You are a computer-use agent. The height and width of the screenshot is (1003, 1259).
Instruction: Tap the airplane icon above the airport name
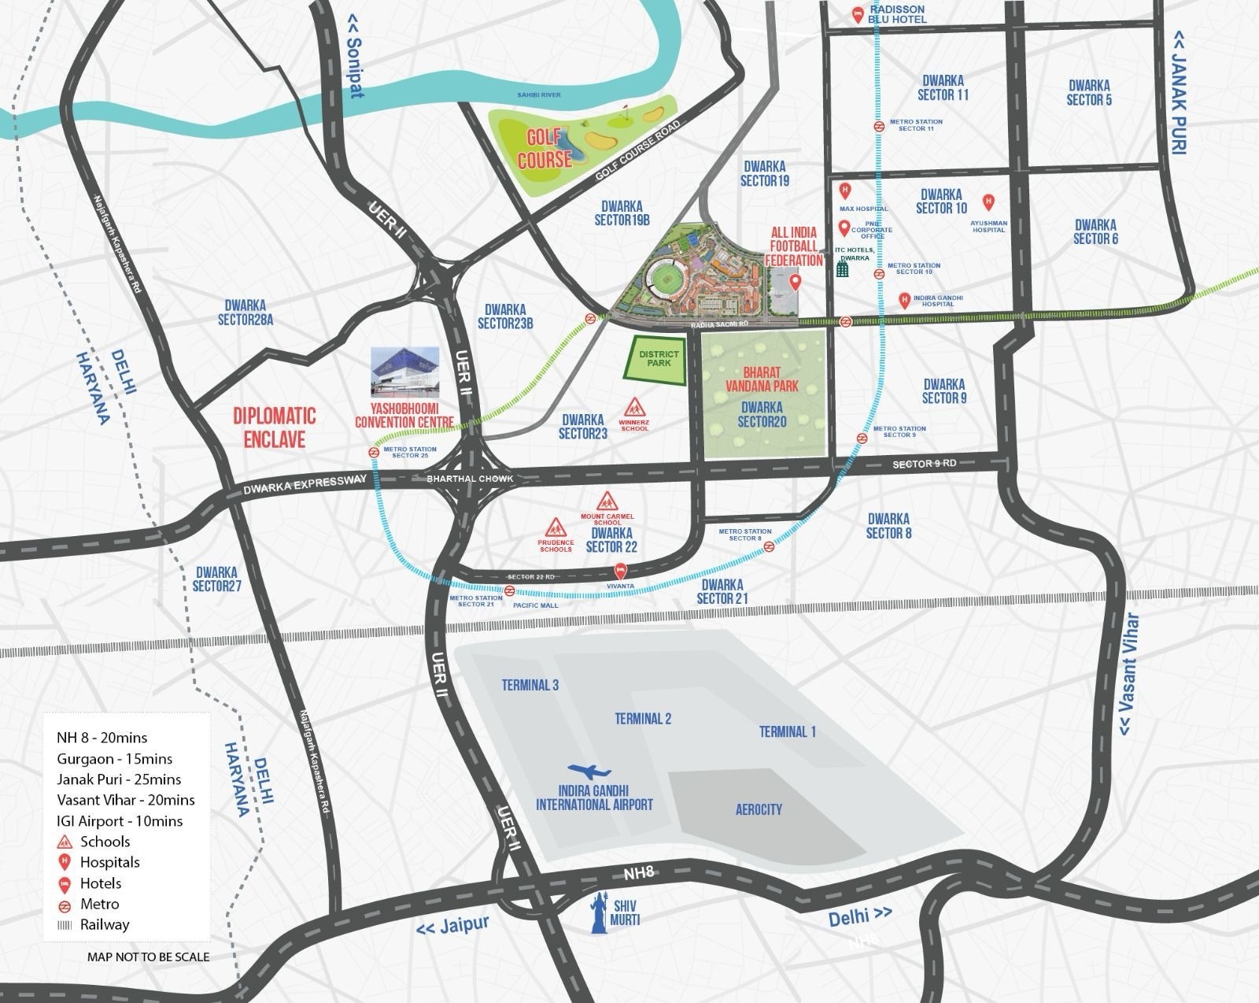coord(589,771)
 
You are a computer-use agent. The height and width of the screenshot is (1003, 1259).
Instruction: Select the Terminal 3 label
coord(530,685)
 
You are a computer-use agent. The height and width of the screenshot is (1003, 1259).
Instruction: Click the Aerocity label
coord(759,809)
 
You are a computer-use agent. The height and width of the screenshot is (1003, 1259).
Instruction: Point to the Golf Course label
coord(545,148)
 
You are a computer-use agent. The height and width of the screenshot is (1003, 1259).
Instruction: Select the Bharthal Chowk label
coord(469,479)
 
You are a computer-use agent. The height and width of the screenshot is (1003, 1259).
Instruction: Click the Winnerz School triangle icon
coord(634,408)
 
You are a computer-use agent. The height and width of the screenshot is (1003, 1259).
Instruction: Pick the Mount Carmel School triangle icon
coord(607,501)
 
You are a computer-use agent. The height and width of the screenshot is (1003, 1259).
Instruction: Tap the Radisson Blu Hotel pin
coord(858,13)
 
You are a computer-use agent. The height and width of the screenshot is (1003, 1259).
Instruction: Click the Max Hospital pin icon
coord(845,190)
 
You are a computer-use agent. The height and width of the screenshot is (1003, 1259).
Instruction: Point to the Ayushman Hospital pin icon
coord(988,202)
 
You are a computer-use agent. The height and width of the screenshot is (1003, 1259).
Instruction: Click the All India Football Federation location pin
coord(795,282)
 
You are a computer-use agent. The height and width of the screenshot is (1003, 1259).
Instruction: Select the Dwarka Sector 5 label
coord(1089,92)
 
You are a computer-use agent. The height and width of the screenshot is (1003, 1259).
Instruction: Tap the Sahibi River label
coord(539,95)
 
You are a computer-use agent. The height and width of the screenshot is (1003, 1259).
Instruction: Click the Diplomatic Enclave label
coord(274,427)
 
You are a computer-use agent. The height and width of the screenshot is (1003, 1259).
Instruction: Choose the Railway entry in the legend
coord(104,925)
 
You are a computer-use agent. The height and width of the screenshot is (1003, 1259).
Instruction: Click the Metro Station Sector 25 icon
coord(375,453)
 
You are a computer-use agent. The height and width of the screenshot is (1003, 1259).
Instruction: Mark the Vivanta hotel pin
coord(620,569)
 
